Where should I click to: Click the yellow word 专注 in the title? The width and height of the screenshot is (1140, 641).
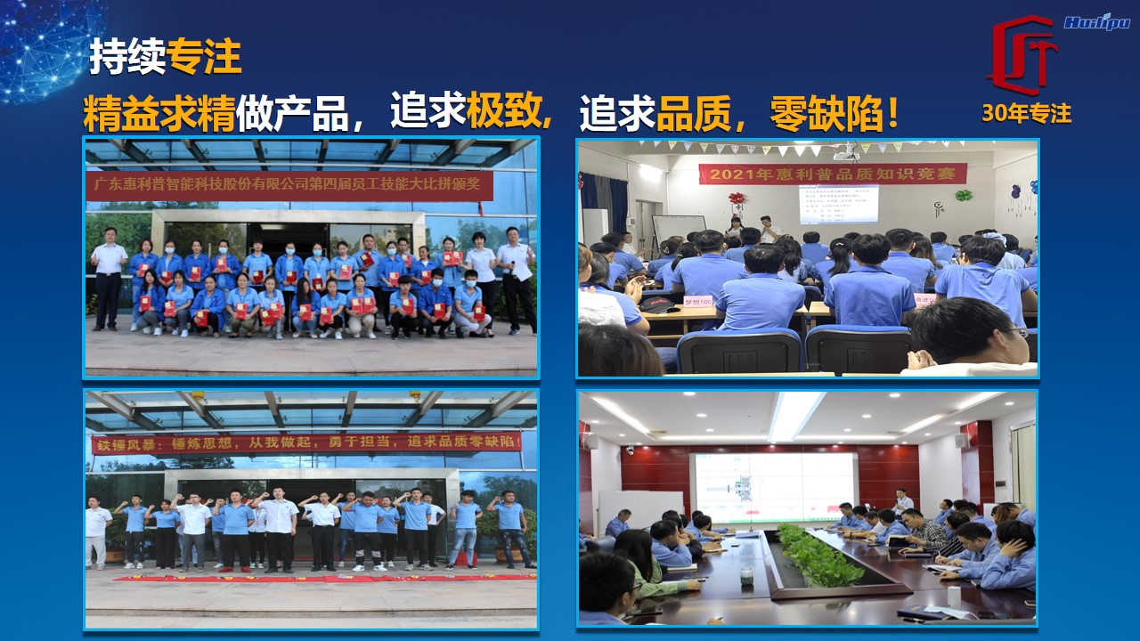coord(204,58)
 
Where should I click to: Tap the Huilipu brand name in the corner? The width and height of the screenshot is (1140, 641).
coord(1096,21)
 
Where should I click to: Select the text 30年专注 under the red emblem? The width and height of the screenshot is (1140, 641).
coord(1026,113)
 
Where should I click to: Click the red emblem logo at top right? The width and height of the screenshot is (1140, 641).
coord(1024,55)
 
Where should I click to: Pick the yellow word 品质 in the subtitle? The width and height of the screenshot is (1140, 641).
coord(692,114)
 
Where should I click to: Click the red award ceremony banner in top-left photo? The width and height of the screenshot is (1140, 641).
coord(289,185)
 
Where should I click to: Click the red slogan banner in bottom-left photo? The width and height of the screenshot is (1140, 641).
coord(305,442)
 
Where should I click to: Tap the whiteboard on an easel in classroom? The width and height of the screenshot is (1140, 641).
coord(678,230)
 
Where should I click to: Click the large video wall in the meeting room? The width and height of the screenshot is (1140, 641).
coord(774,486)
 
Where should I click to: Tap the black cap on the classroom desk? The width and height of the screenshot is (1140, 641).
coord(656,304)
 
